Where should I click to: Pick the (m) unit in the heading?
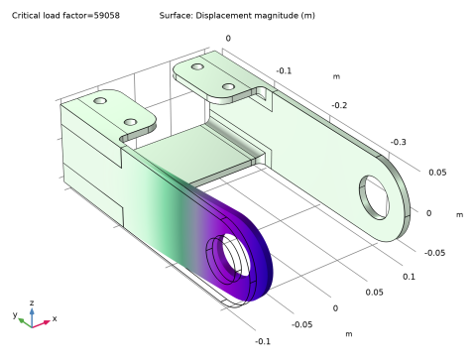(307, 16)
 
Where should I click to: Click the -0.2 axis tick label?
(339, 105)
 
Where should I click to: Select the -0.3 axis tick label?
(398, 142)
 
